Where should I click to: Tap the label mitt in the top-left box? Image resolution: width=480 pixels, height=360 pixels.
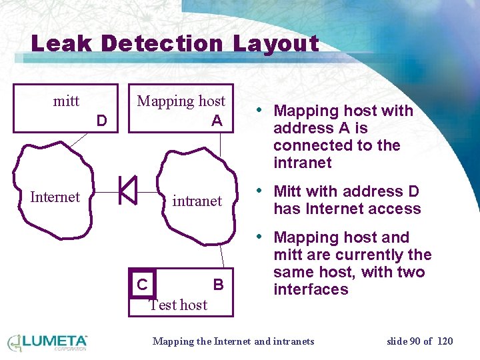66,101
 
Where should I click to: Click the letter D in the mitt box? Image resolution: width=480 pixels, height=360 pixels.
101,121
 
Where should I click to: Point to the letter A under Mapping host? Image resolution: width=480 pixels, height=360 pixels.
217,121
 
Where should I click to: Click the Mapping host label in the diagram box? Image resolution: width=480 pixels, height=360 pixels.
181,101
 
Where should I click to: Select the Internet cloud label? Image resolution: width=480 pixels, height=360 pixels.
55,197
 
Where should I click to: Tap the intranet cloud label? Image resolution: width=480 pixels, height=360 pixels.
197,200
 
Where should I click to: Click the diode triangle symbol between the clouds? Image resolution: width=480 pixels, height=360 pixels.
127,190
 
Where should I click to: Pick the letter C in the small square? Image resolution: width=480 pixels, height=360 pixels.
142,285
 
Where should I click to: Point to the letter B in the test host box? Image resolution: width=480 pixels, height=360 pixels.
218,285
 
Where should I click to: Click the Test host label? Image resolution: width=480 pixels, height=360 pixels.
178,305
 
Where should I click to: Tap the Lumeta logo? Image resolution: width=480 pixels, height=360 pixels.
47,342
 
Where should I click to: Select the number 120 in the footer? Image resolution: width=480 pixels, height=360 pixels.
445,341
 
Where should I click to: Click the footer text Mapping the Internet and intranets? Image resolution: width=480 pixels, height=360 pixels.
233,341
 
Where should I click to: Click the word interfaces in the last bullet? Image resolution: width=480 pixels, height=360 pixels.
311,289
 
